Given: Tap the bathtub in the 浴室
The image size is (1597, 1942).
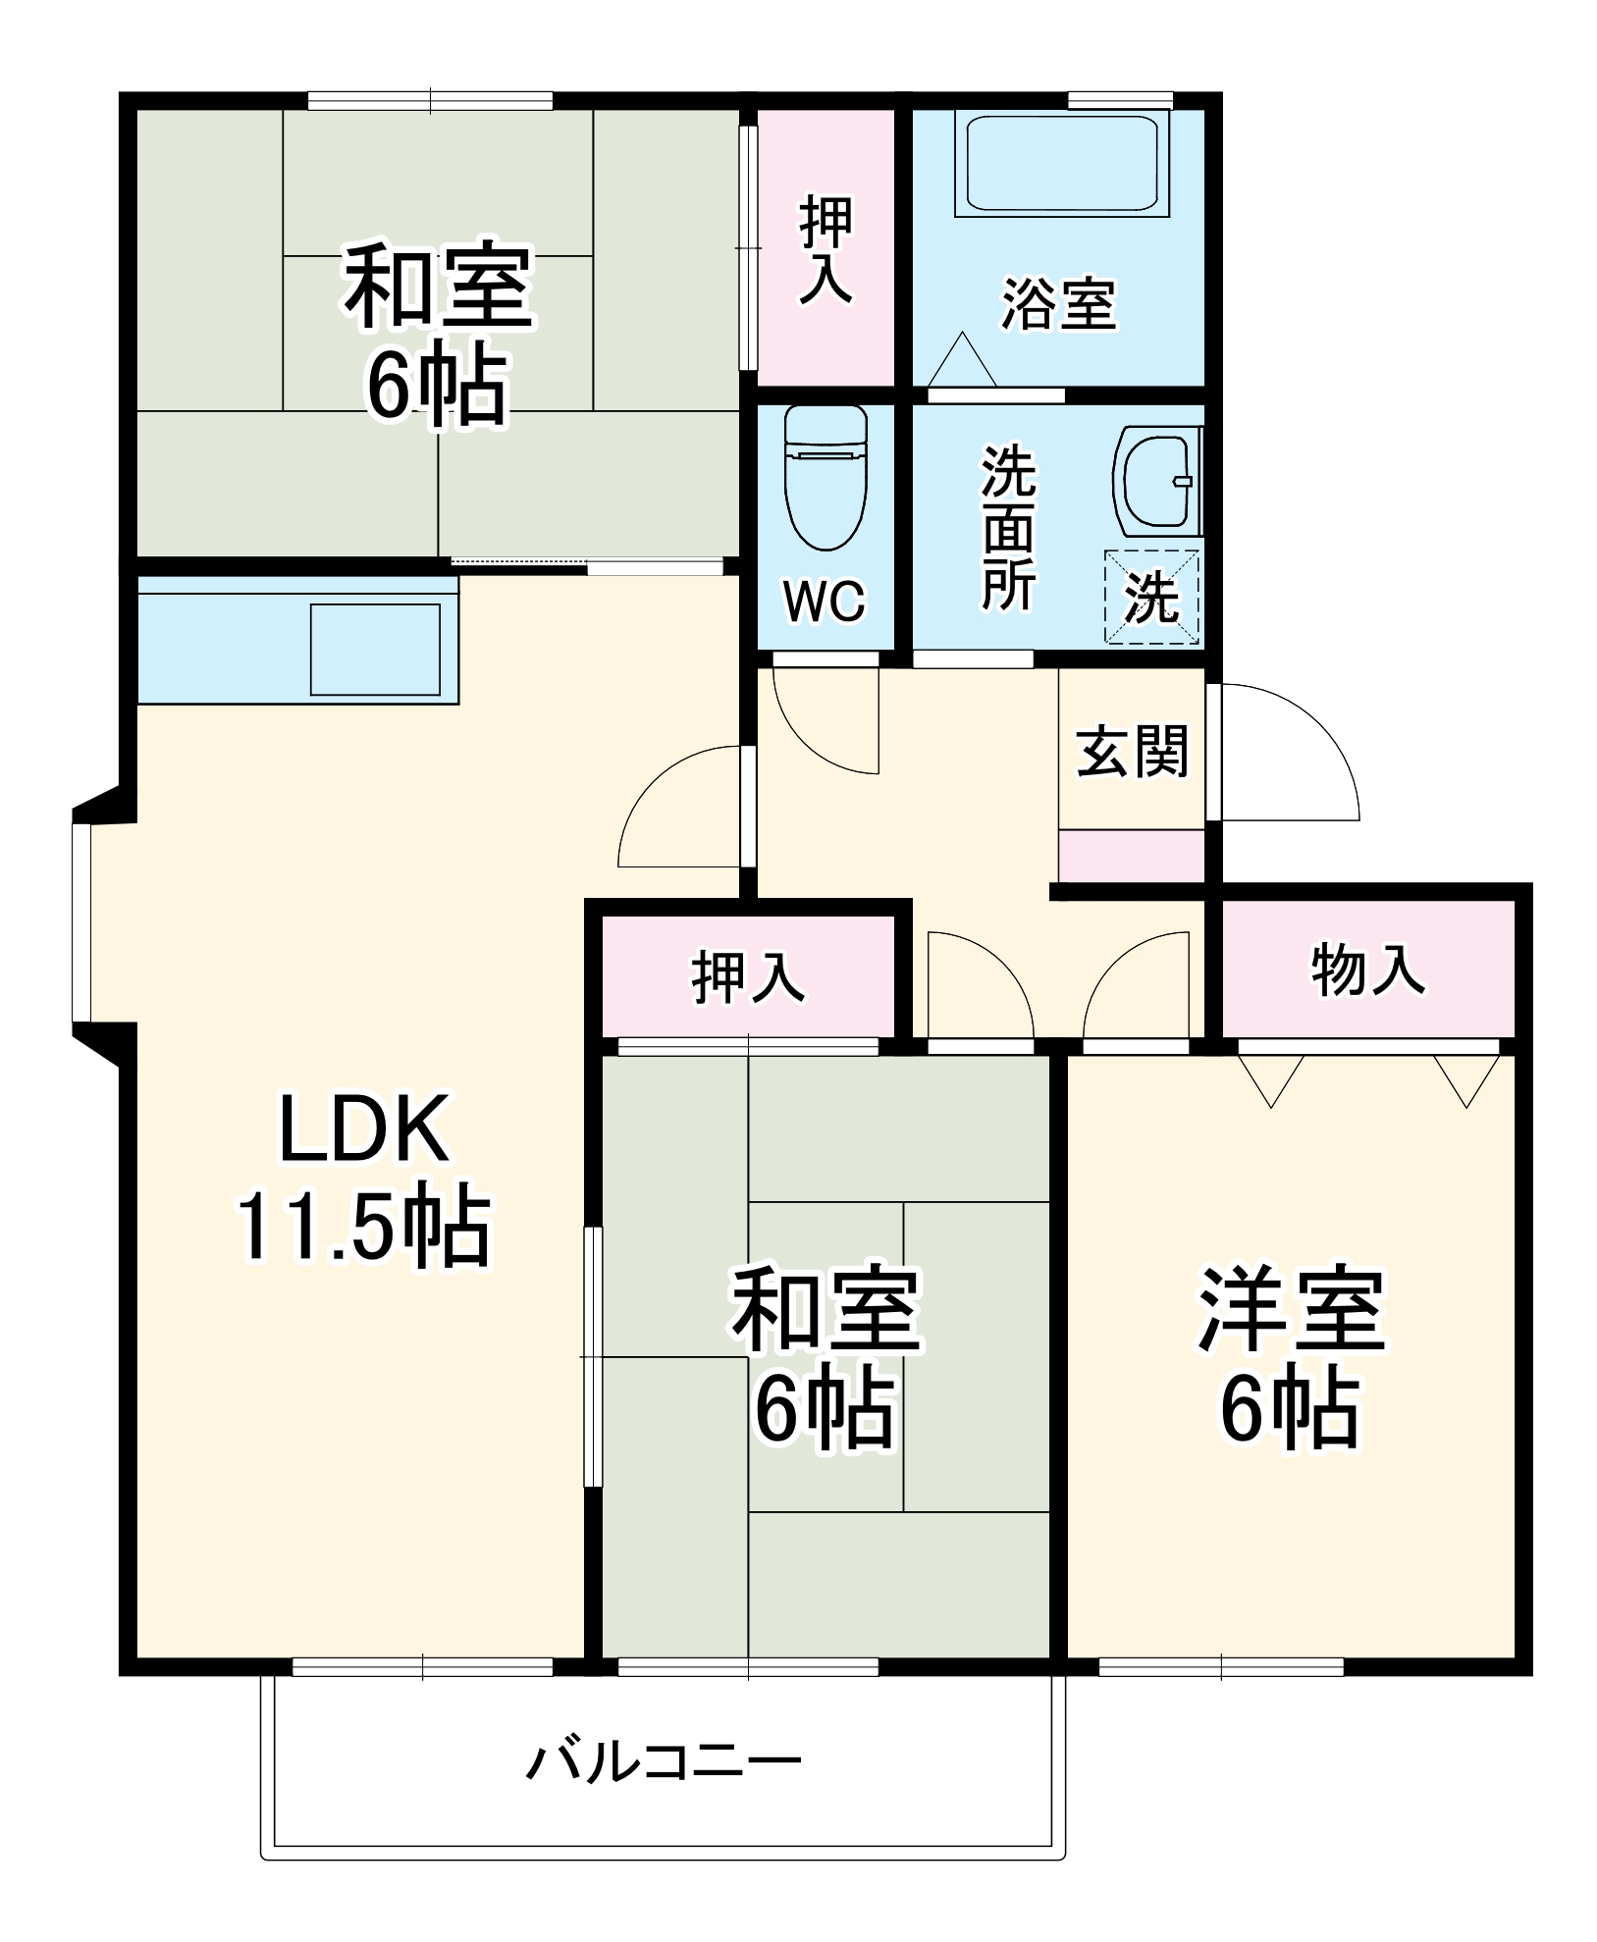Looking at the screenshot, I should pos(1061,163).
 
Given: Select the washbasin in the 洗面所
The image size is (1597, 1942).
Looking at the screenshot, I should pos(1155,482).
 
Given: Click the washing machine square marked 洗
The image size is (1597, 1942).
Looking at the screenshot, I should pos(1152,597).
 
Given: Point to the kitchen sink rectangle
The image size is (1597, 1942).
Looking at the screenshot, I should pos(375,650).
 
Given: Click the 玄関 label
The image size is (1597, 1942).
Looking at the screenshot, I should pos(1132,752).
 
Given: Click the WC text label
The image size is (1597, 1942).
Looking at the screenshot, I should pos(825,602).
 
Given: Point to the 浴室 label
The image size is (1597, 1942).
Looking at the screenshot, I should pos(1058,304).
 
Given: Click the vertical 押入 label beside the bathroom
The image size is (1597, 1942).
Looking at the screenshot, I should pos(825,248).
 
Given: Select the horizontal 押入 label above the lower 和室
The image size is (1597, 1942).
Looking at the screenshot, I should pos(748,975).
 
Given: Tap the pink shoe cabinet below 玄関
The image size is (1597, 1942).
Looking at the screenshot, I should pos(1131,856).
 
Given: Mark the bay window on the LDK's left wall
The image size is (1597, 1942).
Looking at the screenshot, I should pos(82,923).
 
